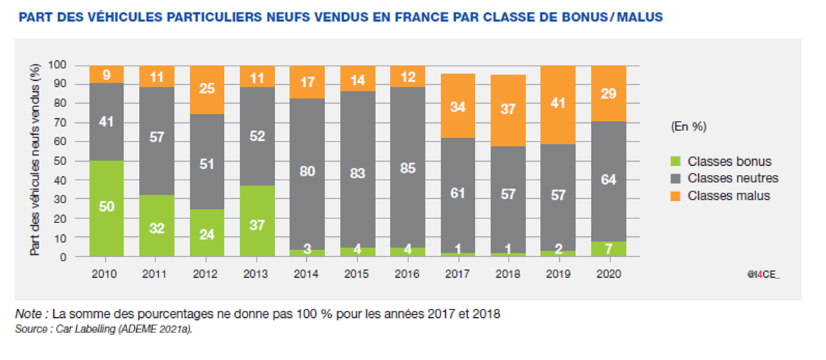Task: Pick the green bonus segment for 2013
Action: point(256,221)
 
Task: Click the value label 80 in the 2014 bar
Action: point(307,171)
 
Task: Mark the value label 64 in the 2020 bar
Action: point(608,180)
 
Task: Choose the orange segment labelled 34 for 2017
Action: point(458,106)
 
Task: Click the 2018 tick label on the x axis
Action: point(507,273)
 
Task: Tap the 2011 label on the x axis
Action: point(156,273)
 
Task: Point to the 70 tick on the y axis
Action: point(78,123)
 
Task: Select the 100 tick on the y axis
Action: point(76,66)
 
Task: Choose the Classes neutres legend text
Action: point(733,178)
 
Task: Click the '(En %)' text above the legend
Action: point(689,126)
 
